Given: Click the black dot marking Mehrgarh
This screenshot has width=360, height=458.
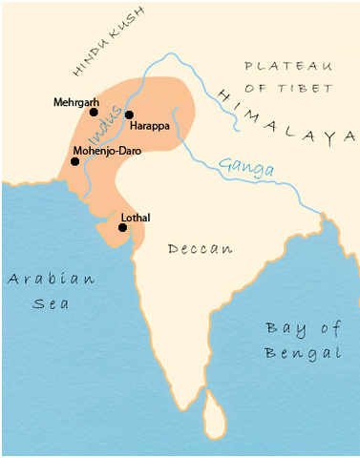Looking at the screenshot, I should [x=94, y=112].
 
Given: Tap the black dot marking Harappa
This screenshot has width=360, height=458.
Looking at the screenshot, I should [x=129, y=114].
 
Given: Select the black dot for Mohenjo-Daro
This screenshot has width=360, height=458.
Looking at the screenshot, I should [x=74, y=161].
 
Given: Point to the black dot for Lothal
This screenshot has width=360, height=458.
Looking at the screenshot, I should [x=123, y=227].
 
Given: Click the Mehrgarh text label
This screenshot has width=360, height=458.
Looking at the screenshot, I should [x=75, y=99].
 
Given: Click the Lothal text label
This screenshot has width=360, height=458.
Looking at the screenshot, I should [x=137, y=217].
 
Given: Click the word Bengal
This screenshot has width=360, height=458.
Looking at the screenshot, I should [x=302, y=353].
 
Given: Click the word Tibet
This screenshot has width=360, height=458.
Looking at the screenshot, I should [x=304, y=88].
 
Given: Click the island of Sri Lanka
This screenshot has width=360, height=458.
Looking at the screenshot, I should [x=216, y=410].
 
